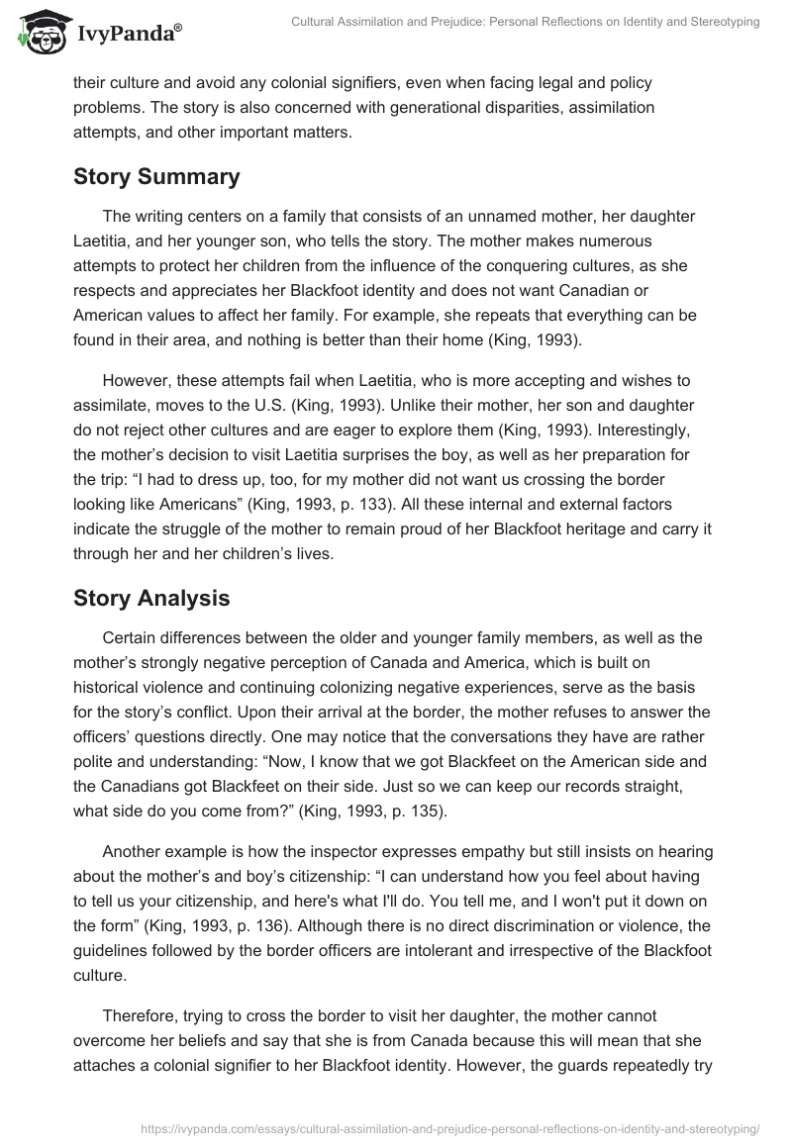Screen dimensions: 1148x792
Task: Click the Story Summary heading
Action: point(156,177)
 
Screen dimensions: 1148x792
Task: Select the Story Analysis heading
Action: point(152,599)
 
